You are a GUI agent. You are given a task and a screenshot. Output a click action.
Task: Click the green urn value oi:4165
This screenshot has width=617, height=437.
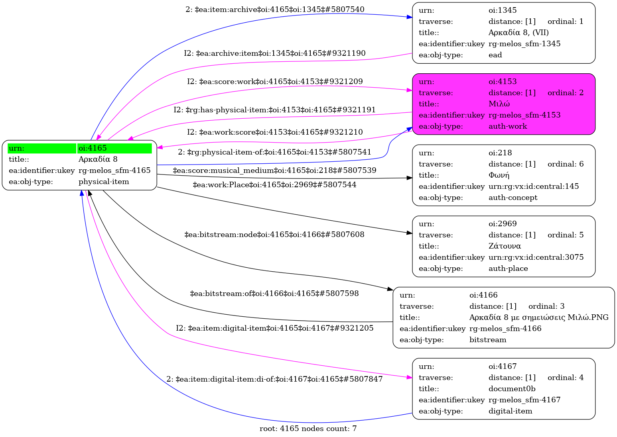coord(93,148)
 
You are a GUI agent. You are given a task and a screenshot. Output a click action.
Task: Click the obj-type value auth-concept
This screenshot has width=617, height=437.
coord(513,198)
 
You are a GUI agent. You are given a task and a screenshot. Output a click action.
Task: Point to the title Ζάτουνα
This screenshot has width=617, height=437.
coord(505,246)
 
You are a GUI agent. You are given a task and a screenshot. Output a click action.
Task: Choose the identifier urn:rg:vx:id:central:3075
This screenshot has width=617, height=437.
coord(536,257)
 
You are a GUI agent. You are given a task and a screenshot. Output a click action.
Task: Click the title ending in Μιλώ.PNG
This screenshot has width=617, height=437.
coord(539,317)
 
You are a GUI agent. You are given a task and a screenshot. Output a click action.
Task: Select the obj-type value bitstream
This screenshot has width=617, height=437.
coord(488,340)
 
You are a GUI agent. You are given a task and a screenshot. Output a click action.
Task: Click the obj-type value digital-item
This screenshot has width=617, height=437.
coord(510,411)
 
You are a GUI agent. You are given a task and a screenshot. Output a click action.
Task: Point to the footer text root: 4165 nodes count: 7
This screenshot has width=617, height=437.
coord(308,429)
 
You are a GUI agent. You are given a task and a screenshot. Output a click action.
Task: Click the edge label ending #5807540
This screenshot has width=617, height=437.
coord(275,10)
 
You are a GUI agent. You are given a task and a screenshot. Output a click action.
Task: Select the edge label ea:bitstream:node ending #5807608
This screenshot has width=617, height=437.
coord(274,235)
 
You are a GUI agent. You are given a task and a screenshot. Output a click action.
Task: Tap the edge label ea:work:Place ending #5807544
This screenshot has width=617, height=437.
coord(274,185)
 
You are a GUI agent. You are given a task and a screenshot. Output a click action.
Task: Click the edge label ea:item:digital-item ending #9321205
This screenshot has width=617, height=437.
coord(275,328)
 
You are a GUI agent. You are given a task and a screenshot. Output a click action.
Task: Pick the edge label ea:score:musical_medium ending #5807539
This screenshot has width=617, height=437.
coord(274,170)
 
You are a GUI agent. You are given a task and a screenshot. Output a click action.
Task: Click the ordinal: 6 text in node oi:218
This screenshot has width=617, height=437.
coord(565,164)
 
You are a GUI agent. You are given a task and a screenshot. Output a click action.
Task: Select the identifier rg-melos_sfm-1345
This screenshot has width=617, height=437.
coord(524,44)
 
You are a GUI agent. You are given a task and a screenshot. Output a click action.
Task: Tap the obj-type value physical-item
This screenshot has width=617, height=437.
coord(104,182)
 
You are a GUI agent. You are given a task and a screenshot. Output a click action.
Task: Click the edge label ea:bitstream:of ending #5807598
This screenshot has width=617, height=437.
coord(274,294)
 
